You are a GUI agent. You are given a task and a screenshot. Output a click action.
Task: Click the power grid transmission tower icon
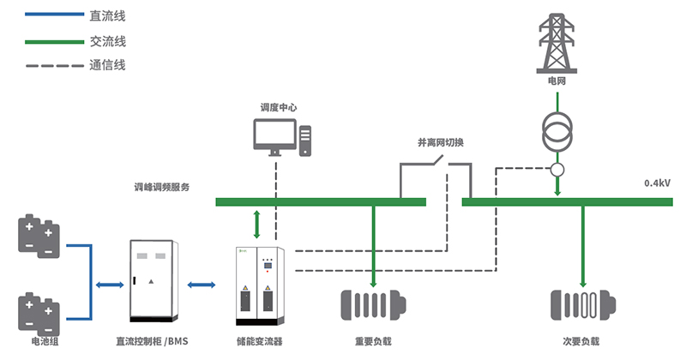coord(558,43)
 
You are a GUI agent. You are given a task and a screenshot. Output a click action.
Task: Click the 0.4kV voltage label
coord(657,183)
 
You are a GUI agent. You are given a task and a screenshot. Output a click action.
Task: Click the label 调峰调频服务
coord(161,187)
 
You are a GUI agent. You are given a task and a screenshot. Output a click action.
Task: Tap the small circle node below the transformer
coord(558,170)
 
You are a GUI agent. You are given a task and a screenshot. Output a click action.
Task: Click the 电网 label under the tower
coord(558,81)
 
